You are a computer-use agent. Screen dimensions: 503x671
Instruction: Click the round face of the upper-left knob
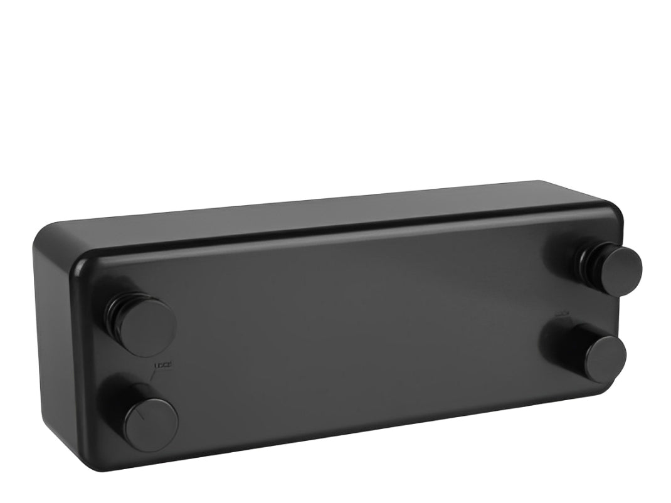coord(148,327)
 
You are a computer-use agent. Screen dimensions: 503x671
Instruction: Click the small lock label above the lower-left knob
coord(162,365)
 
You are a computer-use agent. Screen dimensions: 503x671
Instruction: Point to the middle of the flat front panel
coord(351,326)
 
